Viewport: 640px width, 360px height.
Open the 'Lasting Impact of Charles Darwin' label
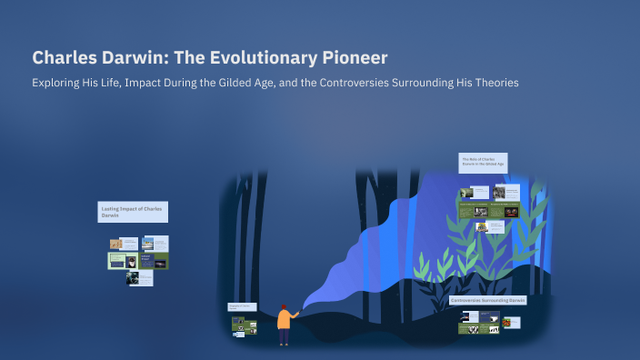[133, 212]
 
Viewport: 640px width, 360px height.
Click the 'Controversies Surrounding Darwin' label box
[488, 300]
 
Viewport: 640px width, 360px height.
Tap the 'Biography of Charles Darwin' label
[242, 307]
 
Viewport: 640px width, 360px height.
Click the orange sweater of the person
[284, 320]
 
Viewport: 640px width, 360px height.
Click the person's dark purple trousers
[284, 336]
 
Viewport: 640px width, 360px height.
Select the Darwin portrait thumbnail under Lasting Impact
[133, 278]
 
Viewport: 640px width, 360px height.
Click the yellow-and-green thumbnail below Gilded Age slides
[481, 227]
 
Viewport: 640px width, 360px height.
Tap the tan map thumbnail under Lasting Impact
[116, 245]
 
